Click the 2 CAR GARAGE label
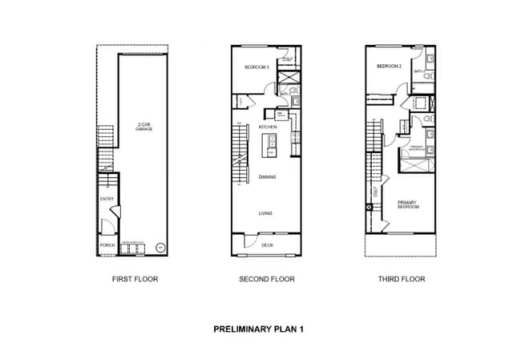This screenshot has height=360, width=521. (144, 127)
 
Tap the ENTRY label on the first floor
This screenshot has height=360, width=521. (107, 199)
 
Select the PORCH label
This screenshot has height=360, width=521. (107, 245)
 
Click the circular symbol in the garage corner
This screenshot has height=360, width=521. (160, 248)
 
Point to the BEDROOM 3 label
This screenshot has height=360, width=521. (256, 67)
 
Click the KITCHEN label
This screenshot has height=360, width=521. (268, 127)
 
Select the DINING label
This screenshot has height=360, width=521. (268, 176)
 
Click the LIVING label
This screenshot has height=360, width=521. (267, 213)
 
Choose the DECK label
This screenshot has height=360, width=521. (268, 245)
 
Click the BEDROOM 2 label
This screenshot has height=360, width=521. (389, 67)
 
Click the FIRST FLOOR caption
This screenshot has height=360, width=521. (135, 280)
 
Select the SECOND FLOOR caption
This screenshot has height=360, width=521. (267, 280)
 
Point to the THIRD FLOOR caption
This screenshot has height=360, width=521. (401, 280)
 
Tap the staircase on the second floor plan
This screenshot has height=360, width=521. (238, 152)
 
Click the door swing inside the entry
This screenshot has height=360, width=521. (114, 212)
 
